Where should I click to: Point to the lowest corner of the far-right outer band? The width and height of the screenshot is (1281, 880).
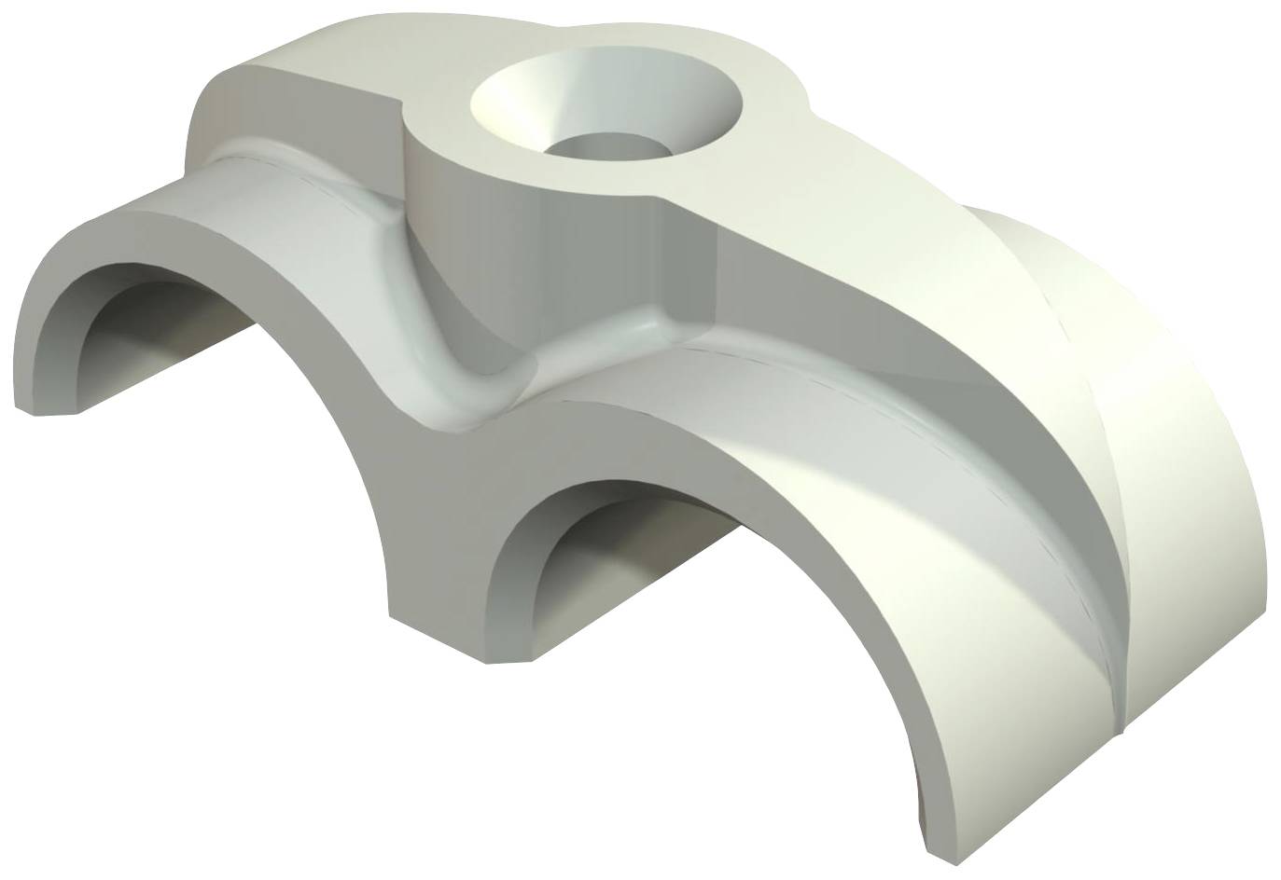tap(1134, 722)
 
